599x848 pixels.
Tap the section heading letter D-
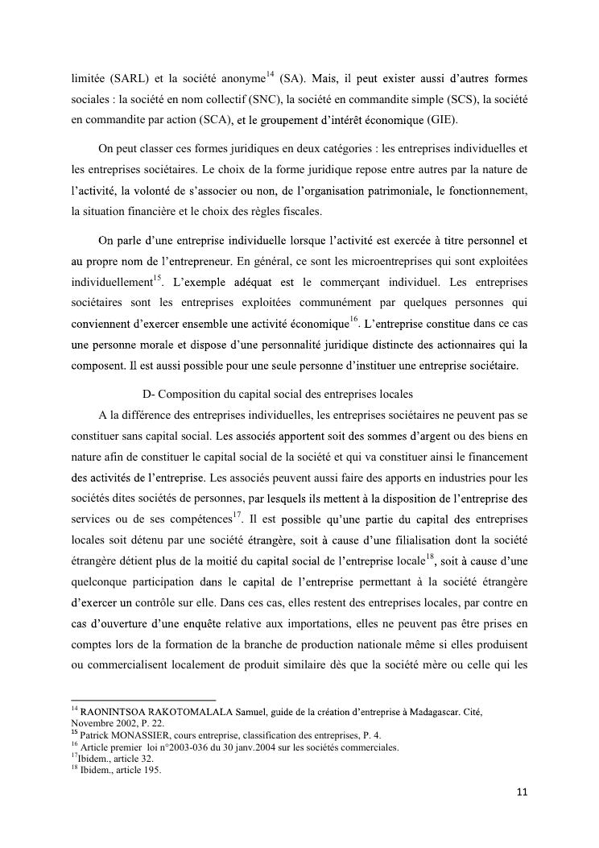click(147, 395)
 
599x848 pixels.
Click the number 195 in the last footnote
click(151, 769)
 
